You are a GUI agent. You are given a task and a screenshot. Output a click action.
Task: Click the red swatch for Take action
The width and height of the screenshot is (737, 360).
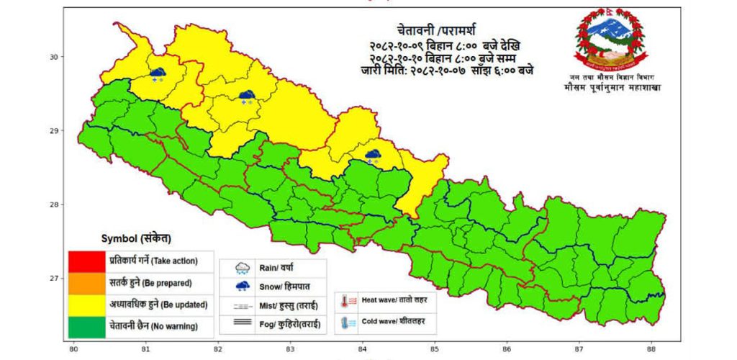pyautogui.click(x=86, y=261)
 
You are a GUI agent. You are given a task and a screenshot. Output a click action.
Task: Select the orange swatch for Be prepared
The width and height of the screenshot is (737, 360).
pyautogui.click(x=86, y=282)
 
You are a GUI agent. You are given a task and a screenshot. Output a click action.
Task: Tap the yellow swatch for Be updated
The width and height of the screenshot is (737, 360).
pyautogui.click(x=86, y=304)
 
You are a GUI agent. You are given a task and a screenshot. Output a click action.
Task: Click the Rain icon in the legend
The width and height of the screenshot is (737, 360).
pyautogui.click(x=243, y=269)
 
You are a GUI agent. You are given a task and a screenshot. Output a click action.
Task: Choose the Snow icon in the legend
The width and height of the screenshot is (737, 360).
pyautogui.click(x=243, y=287)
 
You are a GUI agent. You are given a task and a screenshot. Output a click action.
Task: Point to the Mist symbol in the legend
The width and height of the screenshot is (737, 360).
pyautogui.click(x=243, y=306)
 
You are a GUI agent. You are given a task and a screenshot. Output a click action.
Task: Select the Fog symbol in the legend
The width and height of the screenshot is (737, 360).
pyautogui.click(x=243, y=325)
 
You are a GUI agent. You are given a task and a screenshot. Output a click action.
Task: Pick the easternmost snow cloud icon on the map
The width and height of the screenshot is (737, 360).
pyautogui.click(x=373, y=156)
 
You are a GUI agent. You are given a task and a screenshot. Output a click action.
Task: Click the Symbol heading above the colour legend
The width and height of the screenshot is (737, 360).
pyautogui.click(x=136, y=238)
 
